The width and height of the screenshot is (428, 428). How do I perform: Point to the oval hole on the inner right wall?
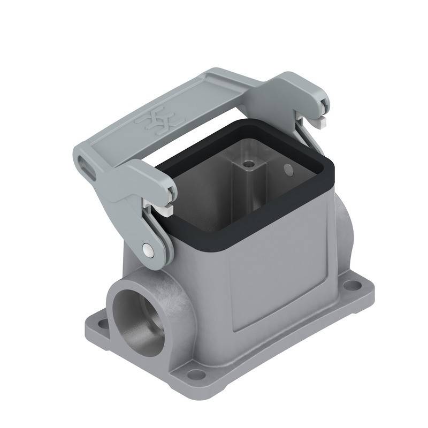pos(288,171)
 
